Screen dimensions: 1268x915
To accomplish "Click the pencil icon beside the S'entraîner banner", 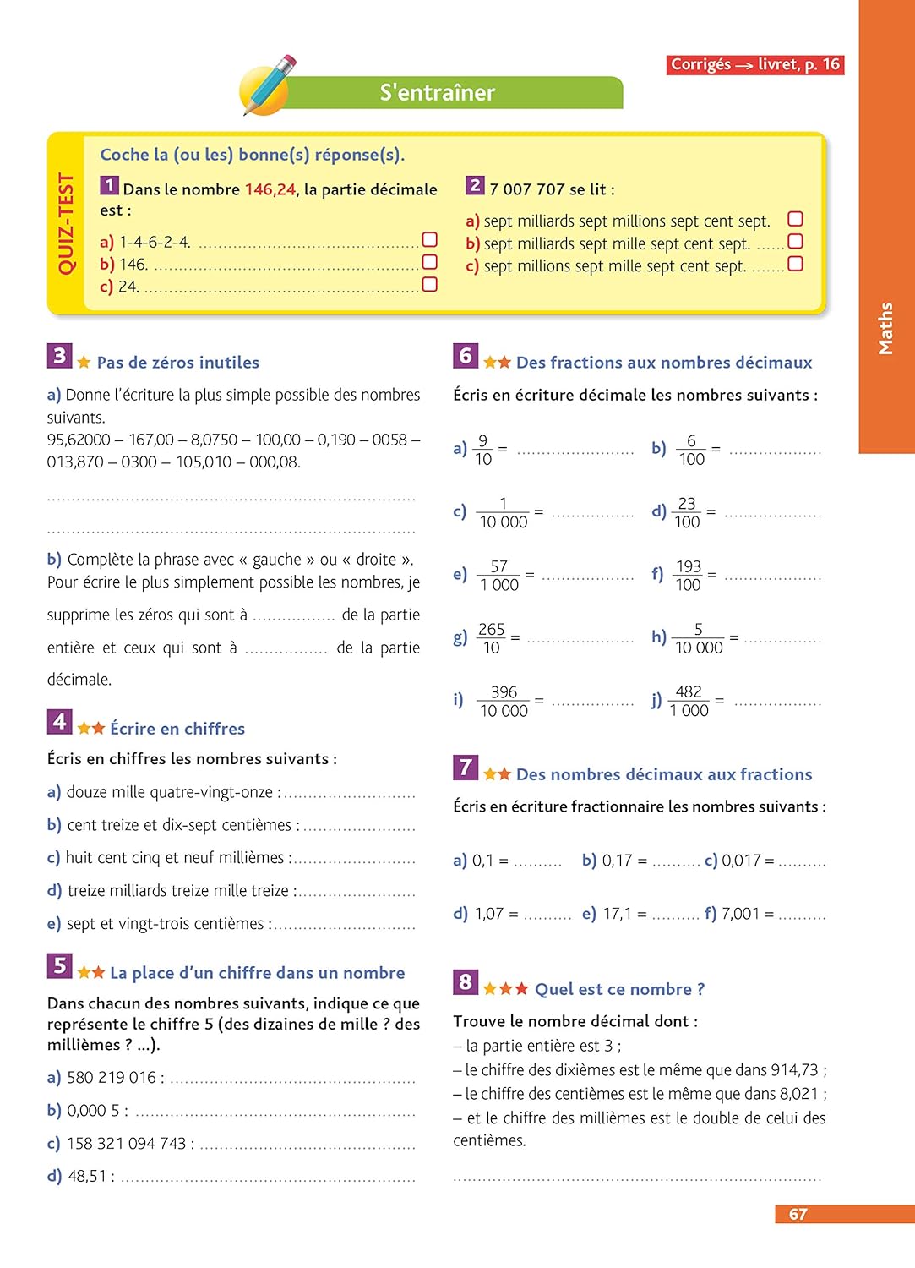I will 268,85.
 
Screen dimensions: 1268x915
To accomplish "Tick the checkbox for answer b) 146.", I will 429,262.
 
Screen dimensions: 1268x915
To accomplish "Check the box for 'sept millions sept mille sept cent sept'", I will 795,264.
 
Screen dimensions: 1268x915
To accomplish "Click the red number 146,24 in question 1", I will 270,189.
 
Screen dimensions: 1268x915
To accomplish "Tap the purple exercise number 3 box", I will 59,356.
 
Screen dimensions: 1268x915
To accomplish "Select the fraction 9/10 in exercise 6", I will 482,450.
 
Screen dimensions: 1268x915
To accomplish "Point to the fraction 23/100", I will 687,512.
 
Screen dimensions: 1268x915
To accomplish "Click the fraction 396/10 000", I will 504,702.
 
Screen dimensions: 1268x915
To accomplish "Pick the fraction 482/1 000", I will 689,702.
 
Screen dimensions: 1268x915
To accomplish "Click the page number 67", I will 798,1214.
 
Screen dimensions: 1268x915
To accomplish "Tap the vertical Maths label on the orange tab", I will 885,328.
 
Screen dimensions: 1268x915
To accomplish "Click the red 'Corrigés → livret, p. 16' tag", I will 755,64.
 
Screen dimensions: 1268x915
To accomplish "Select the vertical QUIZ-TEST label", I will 66,223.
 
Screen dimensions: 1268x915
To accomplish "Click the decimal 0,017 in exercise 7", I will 741,861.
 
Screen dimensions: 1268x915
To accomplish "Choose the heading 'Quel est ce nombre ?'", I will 619,989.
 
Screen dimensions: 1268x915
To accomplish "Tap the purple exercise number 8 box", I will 465,982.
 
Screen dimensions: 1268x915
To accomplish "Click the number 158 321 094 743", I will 126,1143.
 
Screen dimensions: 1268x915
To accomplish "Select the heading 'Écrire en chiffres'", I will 177,729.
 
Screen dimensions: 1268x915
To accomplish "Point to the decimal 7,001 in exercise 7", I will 740,914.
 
